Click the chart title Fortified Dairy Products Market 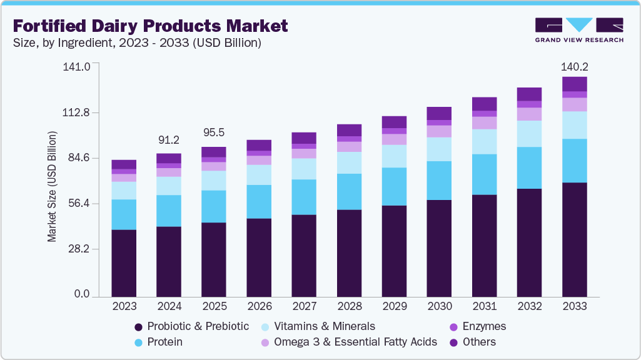point(150,26)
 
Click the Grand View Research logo point(579,30)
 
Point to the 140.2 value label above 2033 point(575,67)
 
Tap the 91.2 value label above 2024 point(168,140)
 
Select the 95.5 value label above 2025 point(213,133)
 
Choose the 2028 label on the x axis point(348,306)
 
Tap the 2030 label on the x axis point(438,306)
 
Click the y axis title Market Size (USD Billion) point(52,187)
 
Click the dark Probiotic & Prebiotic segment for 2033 point(574,239)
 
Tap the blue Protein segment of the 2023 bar point(124,214)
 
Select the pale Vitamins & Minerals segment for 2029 point(394,156)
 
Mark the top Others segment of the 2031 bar point(484,104)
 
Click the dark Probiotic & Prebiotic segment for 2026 point(259,257)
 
